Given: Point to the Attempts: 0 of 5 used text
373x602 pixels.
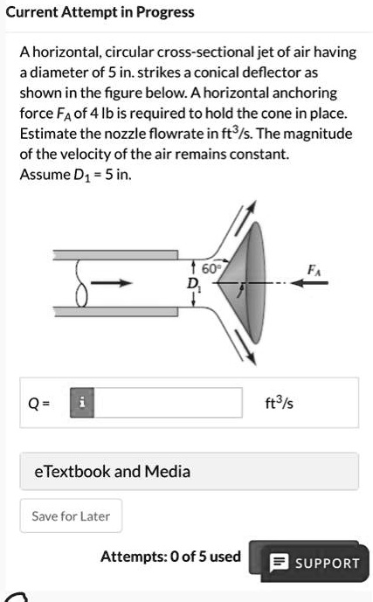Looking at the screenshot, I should tap(170, 556).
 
